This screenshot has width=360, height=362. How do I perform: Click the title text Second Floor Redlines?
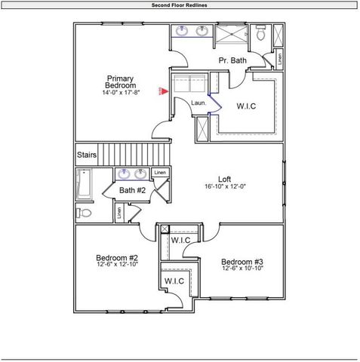click(x=180, y=5)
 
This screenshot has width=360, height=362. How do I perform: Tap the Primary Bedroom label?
click(x=121, y=82)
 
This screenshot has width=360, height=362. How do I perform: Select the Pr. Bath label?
click(x=232, y=60)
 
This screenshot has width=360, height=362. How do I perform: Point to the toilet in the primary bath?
click(x=260, y=34)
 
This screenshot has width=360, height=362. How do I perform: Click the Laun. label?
click(x=198, y=103)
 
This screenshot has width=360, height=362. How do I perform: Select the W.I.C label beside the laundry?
click(x=246, y=106)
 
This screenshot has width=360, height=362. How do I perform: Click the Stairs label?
click(x=87, y=155)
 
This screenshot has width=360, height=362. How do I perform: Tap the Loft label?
click(x=224, y=179)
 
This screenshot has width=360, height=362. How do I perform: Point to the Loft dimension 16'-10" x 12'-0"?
click(x=225, y=187)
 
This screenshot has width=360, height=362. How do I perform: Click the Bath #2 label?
click(x=132, y=191)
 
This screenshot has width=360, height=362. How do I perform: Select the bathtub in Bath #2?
click(x=84, y=185)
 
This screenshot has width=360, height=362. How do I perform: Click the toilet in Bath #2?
click(x=85, y=213)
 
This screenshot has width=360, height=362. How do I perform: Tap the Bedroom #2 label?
click(x=116, y=257)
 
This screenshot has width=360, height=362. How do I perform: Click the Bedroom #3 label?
click(x=242, y=262)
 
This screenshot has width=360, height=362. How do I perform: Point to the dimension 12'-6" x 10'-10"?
click(x=242, y=268)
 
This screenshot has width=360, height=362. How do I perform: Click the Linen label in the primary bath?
click(x=279, y=57)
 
